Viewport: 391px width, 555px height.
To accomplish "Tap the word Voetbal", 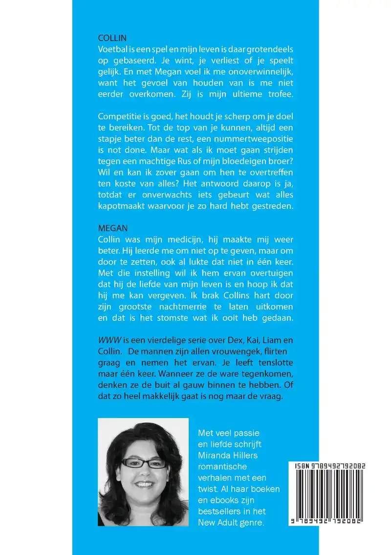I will [x=113, y=48].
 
